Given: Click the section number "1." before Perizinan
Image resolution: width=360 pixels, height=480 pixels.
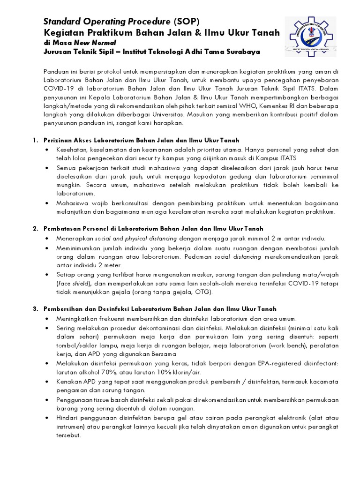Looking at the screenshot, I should [35, 140].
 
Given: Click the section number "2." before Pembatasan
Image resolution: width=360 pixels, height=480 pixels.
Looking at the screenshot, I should [35, 229].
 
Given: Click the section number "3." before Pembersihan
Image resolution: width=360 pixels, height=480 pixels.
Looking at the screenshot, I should [35, 309].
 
